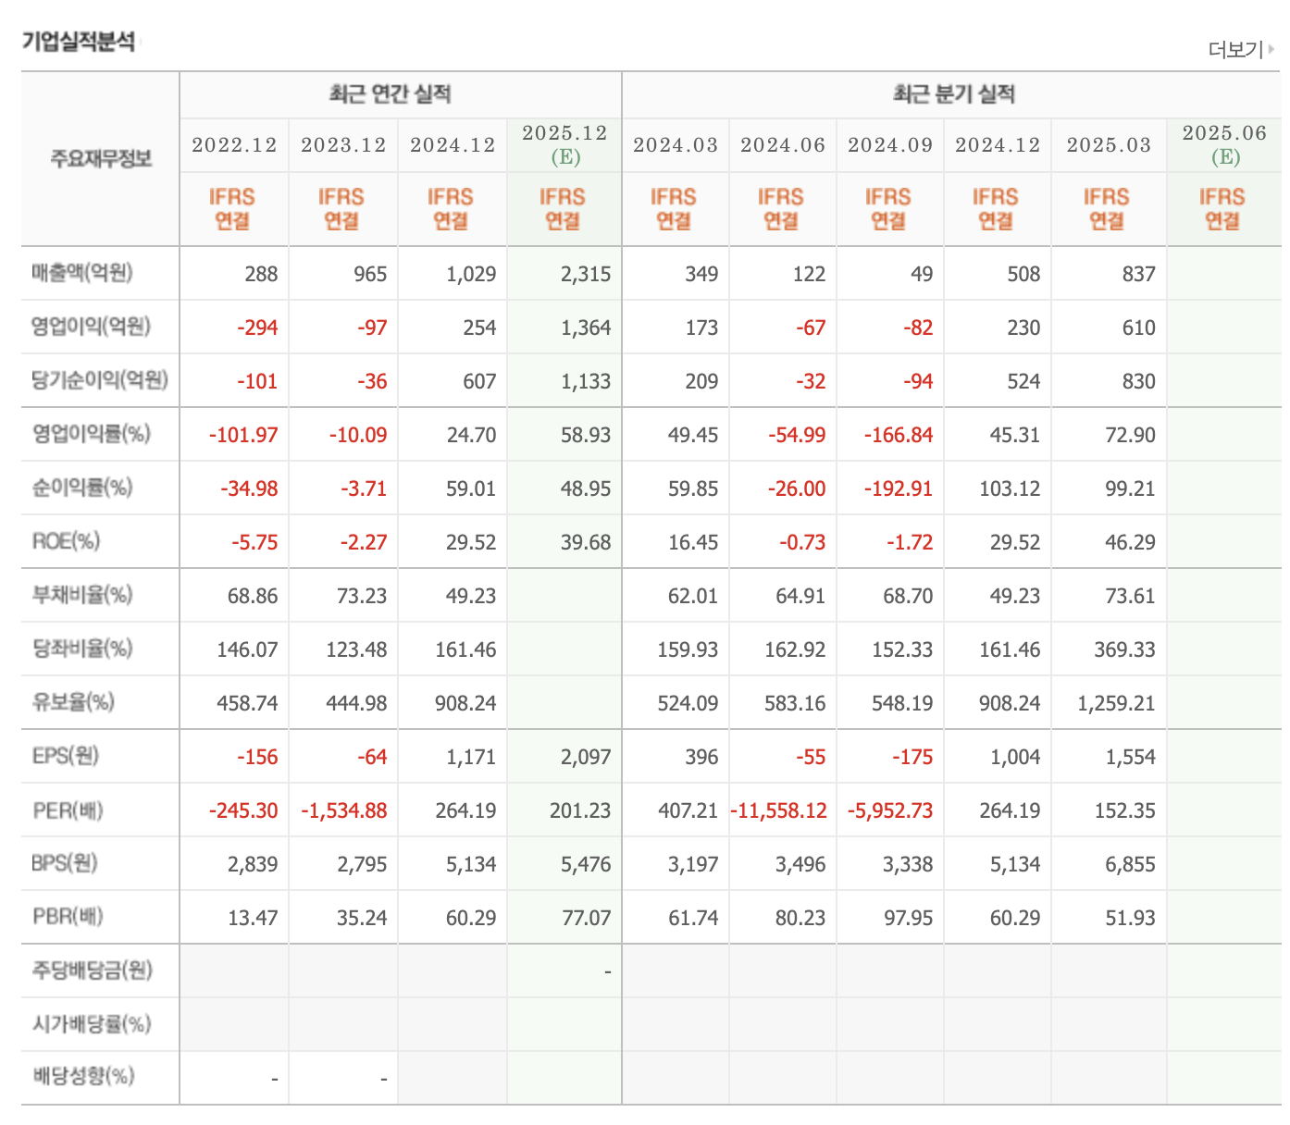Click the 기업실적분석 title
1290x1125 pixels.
pyautogui.click(x=79, y=43)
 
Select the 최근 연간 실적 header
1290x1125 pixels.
pyautogui.click(x=390, y=94)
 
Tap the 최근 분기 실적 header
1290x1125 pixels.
pyautogui.click(x=953, y=94)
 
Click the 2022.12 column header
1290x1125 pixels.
pyautogui.click(x=234, y=145)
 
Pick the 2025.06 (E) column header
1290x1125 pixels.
pyautogui.click(x=1223, y=144)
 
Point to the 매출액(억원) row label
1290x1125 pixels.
pyautogui.click(x=82, y=273)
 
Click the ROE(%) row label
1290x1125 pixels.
pyautogui.click(x=67, y=540)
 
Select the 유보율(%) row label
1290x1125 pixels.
pyautogui.click(x=73, y=701)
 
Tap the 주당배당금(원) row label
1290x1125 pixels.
pyautogui.click(x=92, y=970)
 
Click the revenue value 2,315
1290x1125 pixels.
pyautogui.click(x=586, y=274)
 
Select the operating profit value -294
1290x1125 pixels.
pyautogui.click(x=257, y=328)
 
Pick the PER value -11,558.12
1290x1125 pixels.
pyautogui.click(x=778, y=810)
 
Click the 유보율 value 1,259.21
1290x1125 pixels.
pyautogui.click(x=1116, y=703)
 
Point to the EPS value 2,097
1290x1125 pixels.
pyautogui.click(x=586, y=756)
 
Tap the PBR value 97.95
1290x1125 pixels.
pyautogui.click(x=907, y=917)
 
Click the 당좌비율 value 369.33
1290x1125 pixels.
pyautogui.click(x=1124, y=649)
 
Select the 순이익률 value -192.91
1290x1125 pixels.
pyautogui.click(x=898, y=488)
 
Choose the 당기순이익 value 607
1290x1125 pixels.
pyautogui.click(x=479, y=380)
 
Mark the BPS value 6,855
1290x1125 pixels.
pyautogui.click(x=1130, y=863)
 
